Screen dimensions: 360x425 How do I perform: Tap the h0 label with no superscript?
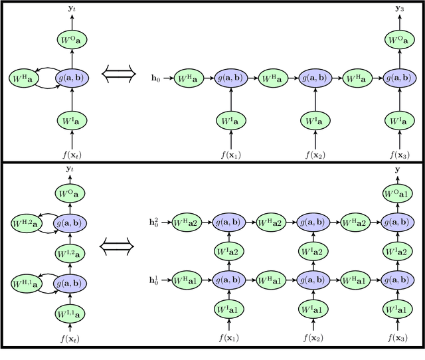pyautogui.click(x=157, y=79)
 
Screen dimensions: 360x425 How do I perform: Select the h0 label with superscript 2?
pyautogui.click(x=155, y=221)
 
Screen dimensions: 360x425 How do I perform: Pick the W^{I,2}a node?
pyautogui.click(x=71, y=252)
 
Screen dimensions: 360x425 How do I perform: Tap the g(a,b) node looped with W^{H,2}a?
pyautogui.click(x=72, y=222)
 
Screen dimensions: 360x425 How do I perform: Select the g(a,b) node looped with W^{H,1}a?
pyautogui.click(x=72, y=282)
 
